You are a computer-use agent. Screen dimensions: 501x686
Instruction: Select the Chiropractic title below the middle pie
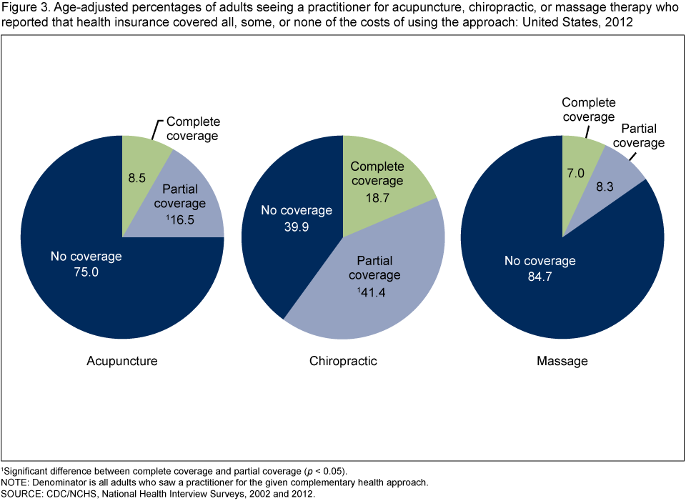(343, 361)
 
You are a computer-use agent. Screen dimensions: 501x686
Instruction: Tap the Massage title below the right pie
(562, 361)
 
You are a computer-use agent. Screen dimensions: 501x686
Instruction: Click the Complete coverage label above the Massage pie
(588, 109)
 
